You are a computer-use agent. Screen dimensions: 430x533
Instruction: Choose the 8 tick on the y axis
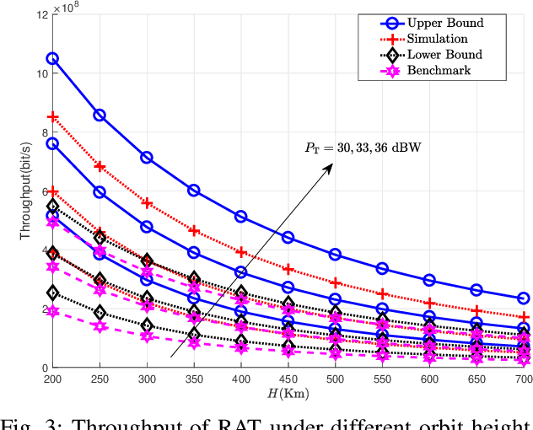[40, 132]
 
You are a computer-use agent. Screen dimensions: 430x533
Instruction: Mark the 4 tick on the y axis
[40, 250]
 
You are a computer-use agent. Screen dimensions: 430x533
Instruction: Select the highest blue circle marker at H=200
[52, 59]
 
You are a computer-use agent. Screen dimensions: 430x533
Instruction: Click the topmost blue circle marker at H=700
[523, 298]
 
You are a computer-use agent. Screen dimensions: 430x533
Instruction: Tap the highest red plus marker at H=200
[52, 116]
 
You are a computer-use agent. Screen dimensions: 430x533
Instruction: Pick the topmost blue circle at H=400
[240, 217]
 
